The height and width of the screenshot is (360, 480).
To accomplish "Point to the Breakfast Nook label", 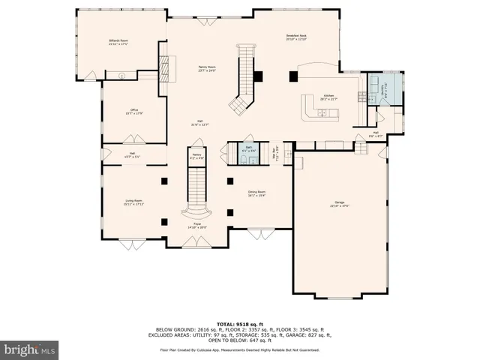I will (x=297, y=37).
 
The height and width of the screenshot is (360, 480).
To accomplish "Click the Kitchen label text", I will (x=328, y=97).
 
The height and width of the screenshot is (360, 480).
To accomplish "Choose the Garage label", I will (x=340, y=204).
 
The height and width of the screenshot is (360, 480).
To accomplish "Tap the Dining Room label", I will (x=256, y=193).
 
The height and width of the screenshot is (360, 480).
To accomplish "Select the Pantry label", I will (x=197, y=157).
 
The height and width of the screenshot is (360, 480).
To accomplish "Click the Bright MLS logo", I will (x=30, y=349).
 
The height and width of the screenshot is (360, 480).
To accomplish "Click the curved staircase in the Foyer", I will (x=196, y=195).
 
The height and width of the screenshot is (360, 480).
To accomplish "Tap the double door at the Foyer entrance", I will (x=196, y=241).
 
